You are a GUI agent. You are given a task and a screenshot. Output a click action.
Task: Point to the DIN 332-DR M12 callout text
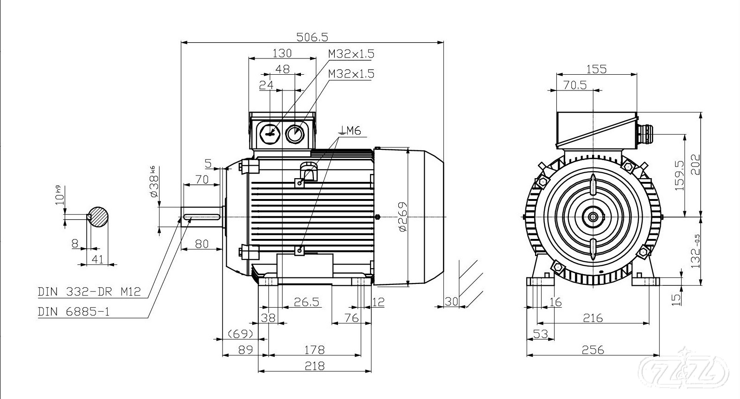(89, 292)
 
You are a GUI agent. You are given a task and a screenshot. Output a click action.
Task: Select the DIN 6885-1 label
(74, 311)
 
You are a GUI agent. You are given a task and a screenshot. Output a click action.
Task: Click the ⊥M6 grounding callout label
(350, 131)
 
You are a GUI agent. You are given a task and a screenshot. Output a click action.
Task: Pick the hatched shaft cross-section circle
(99, 217)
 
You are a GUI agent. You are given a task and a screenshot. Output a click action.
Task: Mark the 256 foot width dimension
(593, 349)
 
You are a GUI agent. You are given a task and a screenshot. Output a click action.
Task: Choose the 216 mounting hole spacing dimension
(593, 318)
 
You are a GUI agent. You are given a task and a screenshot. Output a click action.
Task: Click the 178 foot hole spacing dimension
(314, 349)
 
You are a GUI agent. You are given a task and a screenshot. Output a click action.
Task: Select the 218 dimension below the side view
(314, 366)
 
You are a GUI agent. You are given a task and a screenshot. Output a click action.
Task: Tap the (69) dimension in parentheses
(240, 334)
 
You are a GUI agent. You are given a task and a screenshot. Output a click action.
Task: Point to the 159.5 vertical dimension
(680, 175)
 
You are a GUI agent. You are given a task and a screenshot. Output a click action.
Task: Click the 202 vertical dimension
(696, 164)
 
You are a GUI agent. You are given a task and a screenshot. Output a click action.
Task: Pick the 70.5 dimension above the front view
(575, 85)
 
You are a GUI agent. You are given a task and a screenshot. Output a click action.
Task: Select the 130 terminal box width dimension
(282, 53)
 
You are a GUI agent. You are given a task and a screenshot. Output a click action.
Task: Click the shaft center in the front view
(593, 217)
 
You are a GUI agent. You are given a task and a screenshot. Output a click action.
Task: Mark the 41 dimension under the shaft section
(97, 259)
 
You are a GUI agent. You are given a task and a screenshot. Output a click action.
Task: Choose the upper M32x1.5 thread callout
(351, 54)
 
